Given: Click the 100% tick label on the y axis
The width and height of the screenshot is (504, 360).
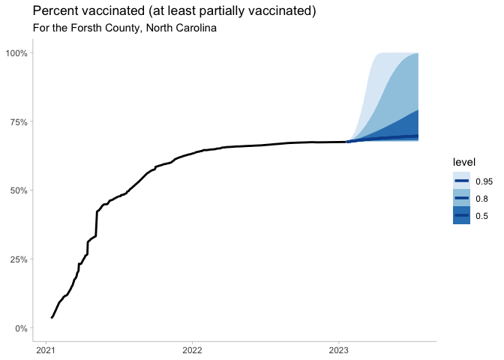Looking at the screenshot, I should point(16,53).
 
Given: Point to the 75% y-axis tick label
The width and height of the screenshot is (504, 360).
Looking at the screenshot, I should point(18,122).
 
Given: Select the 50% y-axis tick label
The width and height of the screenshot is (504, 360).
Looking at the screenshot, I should point(18,190).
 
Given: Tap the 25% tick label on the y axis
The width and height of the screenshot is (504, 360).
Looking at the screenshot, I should point(18,259).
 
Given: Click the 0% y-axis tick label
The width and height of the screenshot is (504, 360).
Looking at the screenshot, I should point(20,328).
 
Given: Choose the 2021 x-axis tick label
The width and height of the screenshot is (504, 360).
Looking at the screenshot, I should point(46,349).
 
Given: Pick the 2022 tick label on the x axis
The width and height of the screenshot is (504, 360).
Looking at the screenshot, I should point(192,349).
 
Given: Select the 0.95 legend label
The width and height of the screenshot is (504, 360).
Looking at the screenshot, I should point(484,181).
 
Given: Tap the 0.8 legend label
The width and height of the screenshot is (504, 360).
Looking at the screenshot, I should point(482,199).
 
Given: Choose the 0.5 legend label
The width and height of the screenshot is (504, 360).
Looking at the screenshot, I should point(482,216).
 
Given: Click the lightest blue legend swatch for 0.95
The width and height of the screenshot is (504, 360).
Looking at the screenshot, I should point(461,181).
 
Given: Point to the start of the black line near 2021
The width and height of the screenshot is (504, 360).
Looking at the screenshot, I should point(51,317).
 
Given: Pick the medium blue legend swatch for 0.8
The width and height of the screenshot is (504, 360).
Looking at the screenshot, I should point(461,199).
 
